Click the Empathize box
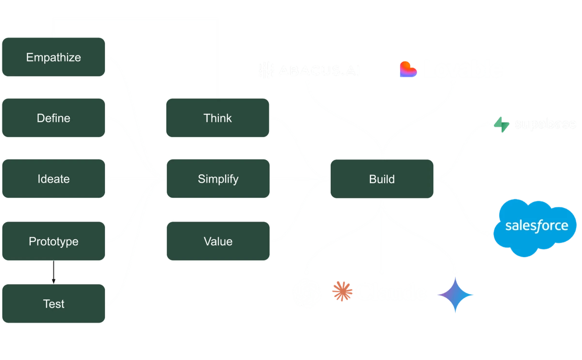tap(53, 57)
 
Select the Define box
tap(53, 118)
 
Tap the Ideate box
tap(53, 179)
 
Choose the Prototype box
tap(53, 241)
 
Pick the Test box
tap(53, 304)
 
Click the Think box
tap(217, 118)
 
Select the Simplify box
tap(217, 179)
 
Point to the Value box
tap(217, 241)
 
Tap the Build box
tap(382, 179)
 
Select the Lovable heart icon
tap(408, 69)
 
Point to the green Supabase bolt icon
tap(501, 124)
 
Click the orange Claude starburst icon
tap(342, 291)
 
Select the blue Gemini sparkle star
tap(455, 295)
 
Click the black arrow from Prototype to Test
tap(53, 273)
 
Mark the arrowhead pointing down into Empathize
tap(53, 34)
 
